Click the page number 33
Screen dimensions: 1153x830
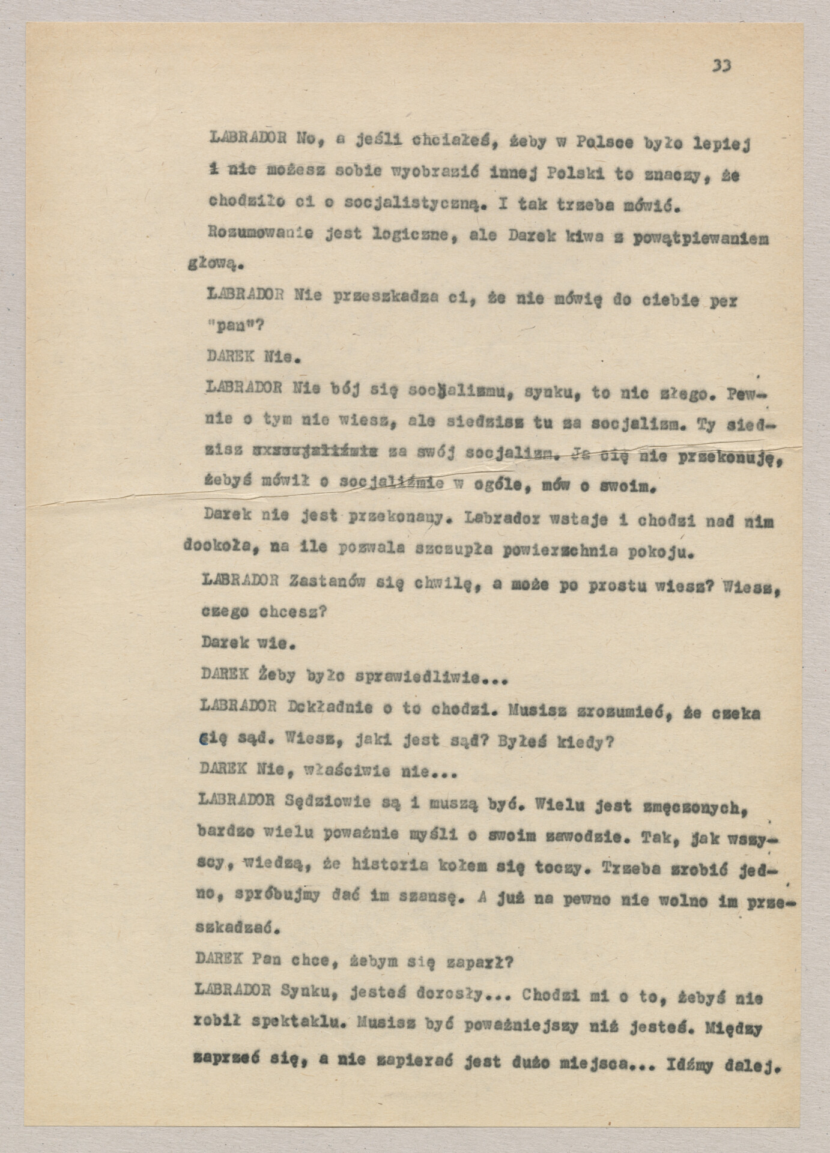click(721, 65)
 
